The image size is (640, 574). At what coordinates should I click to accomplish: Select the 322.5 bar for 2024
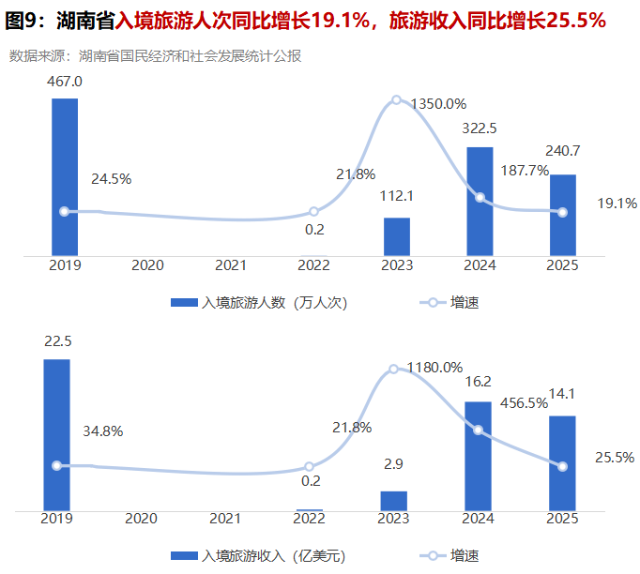click(x=480, y=201)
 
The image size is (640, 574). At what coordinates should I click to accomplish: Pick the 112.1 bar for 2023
click(x=397, y=235)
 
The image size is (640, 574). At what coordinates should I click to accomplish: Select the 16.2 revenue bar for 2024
click(x=479, y=456)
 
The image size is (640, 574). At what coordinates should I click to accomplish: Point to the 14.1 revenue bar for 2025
click(x=561, y=463)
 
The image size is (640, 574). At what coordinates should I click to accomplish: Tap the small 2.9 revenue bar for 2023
click(x=394, y=501)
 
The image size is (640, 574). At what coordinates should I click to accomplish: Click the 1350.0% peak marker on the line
click(x=396, y=99)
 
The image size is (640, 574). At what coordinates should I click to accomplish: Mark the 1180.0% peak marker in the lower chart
click(x=394, y=369)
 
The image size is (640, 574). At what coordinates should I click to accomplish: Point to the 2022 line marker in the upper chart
click(x=313, y=212)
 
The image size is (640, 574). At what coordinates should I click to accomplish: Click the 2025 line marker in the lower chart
click(x=561, y=466)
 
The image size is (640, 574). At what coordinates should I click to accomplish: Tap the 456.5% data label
click(x=525, y=429)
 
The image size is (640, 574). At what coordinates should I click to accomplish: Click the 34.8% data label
click(x=103, y=431)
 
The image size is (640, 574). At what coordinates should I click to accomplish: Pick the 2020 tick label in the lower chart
click(x=141, y=519)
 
